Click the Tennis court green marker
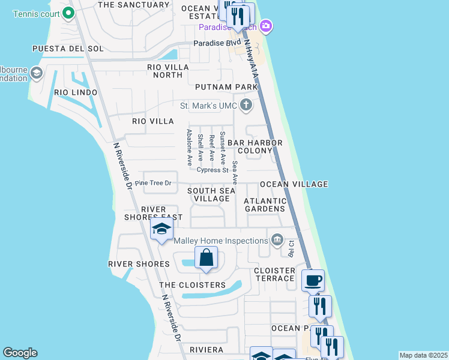click(x=68, y=12)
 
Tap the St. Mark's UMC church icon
click(x=245, y=106)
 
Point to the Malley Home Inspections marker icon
click(x=277, y=241)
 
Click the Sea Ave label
click(x=235, y=172)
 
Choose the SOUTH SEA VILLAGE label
click(x=211, y=194)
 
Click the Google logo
click(x=20, y=353)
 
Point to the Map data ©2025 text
click(x=423, y=355)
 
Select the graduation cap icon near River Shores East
click(x=161, y=229)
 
